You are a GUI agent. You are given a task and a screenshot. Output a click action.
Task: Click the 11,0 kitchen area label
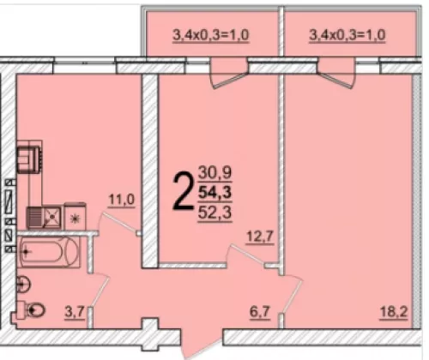121,200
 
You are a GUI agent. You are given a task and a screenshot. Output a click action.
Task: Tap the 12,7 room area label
261,237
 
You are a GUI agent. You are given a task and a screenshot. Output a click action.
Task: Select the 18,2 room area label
394,311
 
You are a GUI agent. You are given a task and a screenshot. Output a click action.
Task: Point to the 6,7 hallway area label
260,311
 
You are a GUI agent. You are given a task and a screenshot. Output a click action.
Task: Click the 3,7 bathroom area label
75,311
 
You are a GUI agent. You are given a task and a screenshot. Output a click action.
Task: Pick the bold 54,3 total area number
215,192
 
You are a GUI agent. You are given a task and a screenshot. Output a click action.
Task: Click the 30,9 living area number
215,172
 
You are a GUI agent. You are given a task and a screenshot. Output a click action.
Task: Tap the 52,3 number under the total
215,213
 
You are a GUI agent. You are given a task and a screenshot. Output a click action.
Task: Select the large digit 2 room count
182,191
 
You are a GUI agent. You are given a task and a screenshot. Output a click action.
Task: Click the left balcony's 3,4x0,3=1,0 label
211,35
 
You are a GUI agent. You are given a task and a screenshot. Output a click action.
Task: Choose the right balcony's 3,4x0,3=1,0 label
347,35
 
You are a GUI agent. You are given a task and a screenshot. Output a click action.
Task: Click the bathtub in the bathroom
49,252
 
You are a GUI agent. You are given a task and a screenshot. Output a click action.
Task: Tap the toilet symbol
32,309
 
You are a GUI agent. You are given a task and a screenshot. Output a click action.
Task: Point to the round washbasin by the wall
23,284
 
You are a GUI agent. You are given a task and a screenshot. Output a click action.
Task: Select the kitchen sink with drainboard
44,217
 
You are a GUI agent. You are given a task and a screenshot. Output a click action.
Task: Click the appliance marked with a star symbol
76,216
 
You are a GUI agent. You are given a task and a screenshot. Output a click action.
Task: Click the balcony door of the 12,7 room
229,74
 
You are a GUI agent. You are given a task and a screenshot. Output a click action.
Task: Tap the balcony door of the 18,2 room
336,74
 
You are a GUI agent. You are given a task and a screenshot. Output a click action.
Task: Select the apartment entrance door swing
202,344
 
